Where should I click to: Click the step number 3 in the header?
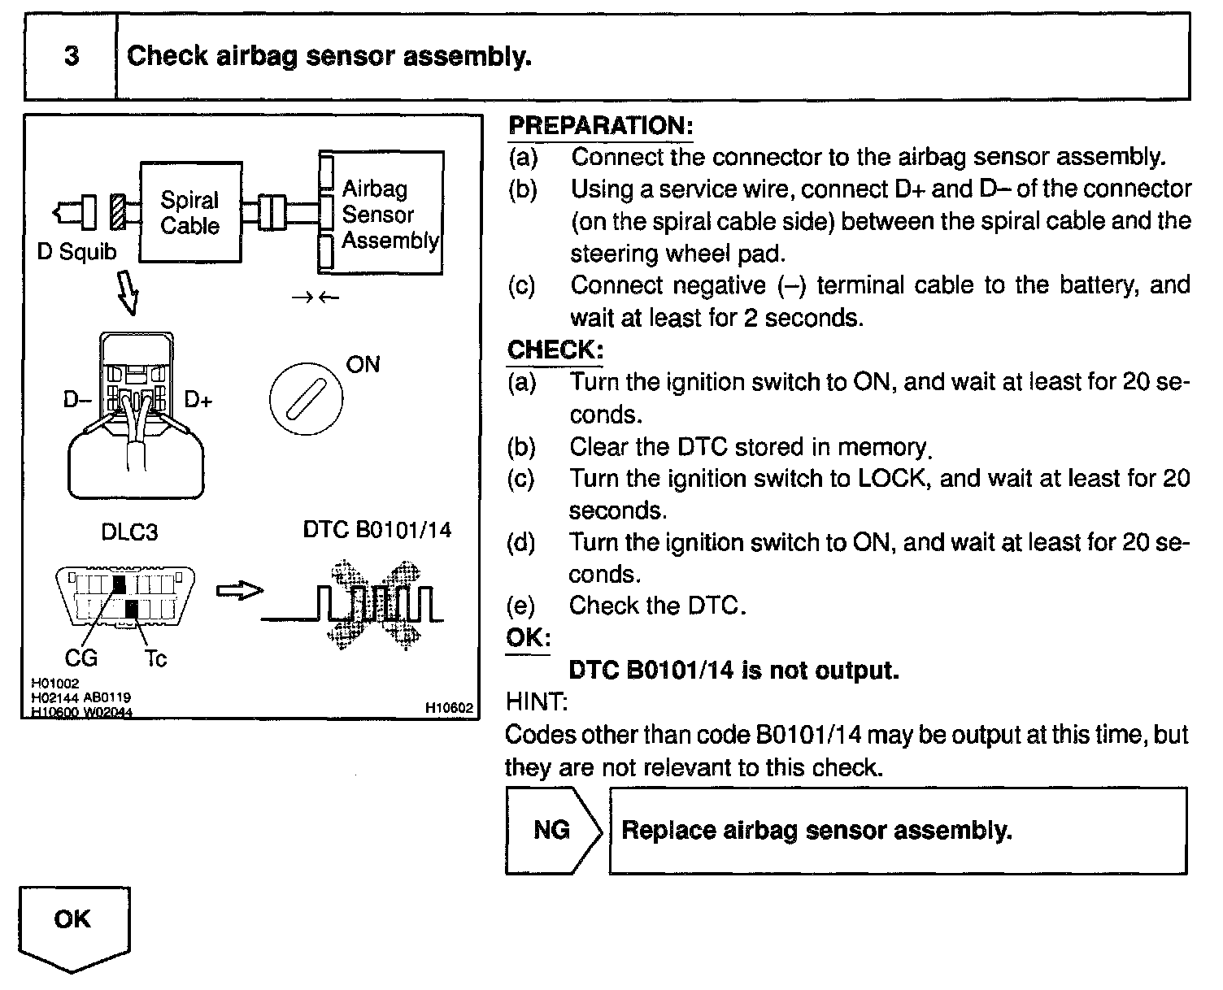72,55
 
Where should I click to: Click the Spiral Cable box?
190,212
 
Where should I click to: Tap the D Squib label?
76,252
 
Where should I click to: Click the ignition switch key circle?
305,399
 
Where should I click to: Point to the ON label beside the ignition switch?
363,364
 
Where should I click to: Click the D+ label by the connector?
198,400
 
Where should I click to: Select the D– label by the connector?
77,400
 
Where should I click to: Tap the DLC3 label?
129,532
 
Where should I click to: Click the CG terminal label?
81,657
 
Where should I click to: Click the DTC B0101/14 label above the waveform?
376,530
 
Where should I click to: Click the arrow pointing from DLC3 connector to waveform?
239,591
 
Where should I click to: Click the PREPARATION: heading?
600,126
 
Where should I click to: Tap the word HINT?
537,701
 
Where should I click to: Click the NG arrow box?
553,830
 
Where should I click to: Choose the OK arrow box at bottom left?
73,925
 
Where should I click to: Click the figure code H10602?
449,708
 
